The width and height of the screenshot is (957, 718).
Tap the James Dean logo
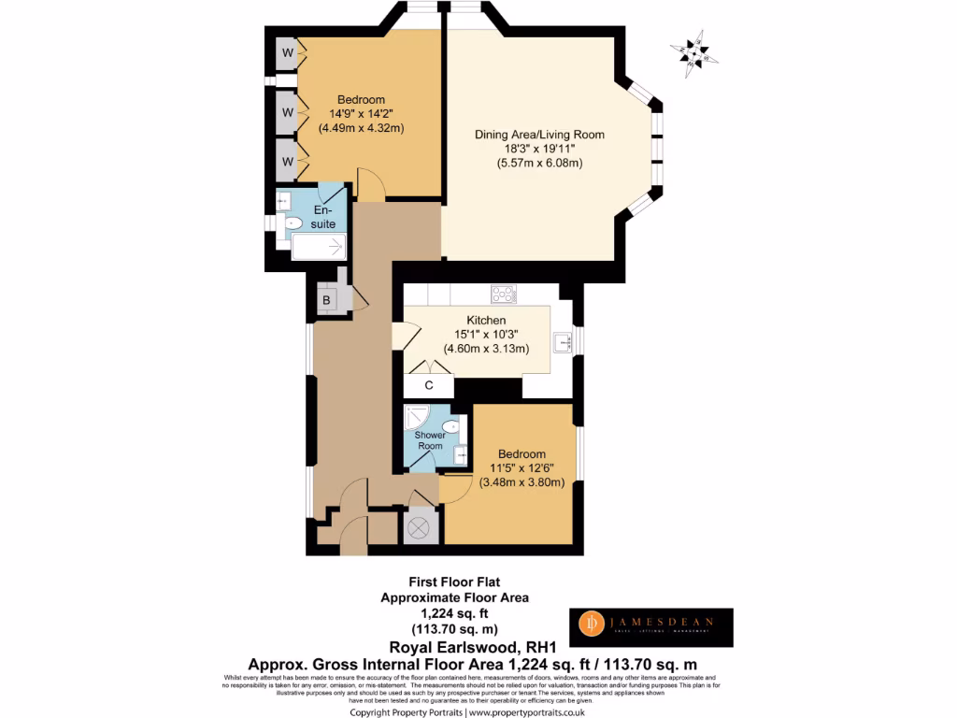(651, 627)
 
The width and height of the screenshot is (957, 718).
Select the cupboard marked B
(327, 300)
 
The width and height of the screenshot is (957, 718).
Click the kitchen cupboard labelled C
(429, 385)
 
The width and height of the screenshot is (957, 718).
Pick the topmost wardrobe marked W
(288, 53)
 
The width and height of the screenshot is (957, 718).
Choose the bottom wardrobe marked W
(288, 162)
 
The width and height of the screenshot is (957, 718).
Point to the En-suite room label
(322, 218)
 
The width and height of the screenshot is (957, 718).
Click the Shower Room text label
(430, 440)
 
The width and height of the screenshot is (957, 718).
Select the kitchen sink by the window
(563, 343)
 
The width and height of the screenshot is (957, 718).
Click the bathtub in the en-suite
(319, 247)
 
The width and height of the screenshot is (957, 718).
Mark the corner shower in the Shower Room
(417, 417)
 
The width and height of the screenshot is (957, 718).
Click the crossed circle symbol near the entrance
(418, 527)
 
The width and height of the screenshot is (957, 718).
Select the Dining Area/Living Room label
(539, 135)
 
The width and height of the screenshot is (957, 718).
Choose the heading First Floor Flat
(454, 581)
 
